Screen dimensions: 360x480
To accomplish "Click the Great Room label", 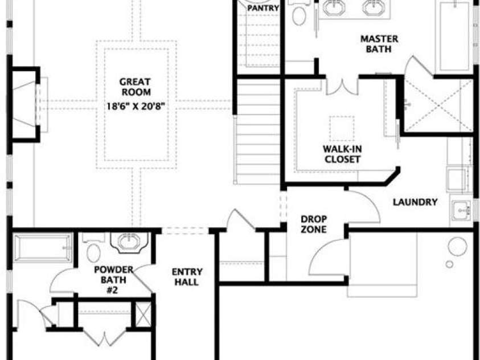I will (x=135, y=87).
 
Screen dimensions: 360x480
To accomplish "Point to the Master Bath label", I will (x=379, y=44).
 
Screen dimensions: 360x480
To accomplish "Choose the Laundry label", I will (x=415, y=202).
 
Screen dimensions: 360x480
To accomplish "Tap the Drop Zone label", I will (x=314, y=224).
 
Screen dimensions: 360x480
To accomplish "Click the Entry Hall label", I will (x=187, y=277).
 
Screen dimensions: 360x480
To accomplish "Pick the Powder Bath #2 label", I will (x=113, y=279).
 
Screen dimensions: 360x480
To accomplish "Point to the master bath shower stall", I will (x=438, y=106).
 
